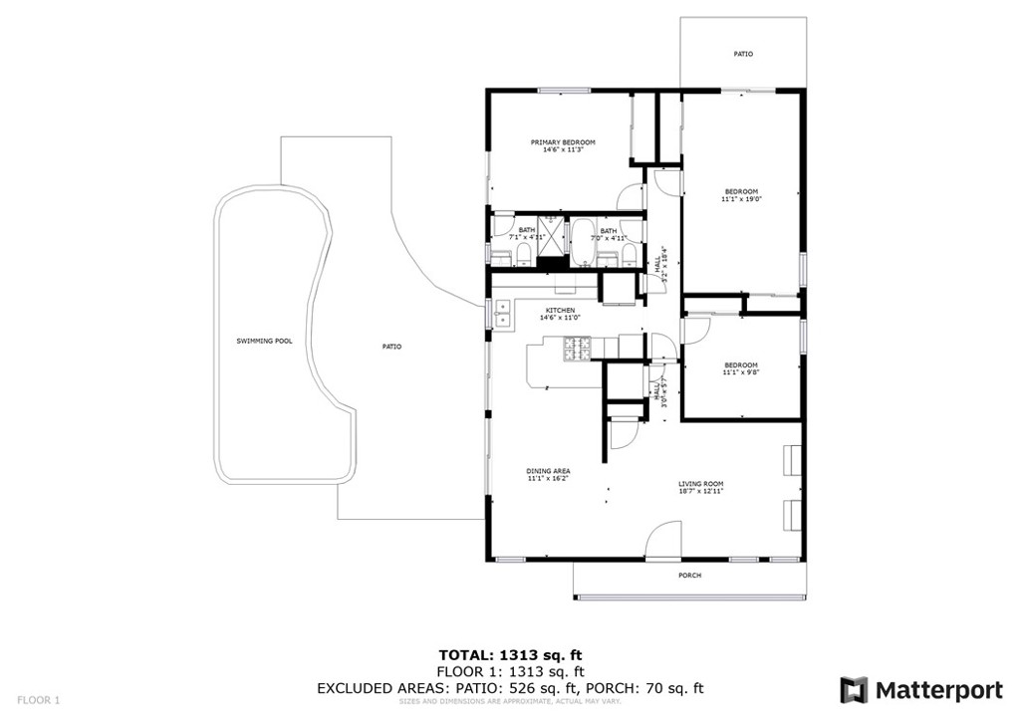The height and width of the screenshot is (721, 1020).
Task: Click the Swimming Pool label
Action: (264, 342)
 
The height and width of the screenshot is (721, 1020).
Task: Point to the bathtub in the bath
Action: (580, 240)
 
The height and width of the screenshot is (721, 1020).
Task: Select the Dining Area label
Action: (548, 471)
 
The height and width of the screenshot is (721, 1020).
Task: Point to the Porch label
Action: (689, 576)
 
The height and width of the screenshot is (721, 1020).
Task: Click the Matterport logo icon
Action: (854, 690)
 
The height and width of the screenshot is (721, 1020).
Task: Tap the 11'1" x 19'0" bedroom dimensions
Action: (741, 199)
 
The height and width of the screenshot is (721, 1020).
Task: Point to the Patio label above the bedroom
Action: (743, 54)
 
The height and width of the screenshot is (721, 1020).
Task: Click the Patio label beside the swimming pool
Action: (391, 347)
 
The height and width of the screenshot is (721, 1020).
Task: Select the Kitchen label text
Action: (559, 310)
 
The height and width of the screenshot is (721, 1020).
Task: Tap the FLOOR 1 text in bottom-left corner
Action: (39, 700)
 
